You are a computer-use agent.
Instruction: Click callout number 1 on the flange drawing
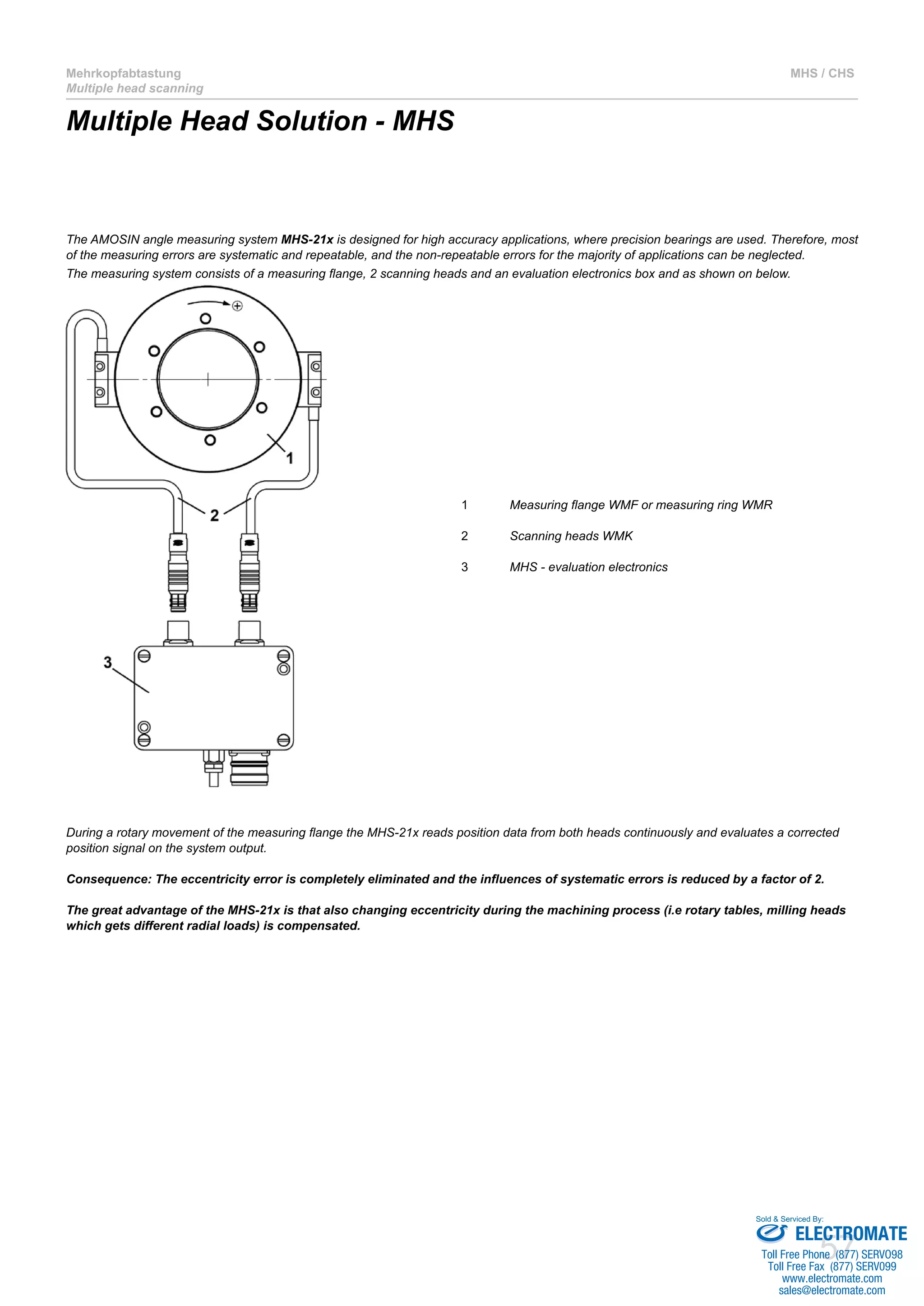[x=290, y=457]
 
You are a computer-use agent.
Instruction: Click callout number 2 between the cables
[x=214, y=515]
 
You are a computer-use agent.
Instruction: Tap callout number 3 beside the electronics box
[x=107, y=662]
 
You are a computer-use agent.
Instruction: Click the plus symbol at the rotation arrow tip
[x=237, y=306]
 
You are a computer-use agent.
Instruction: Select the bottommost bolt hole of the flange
[x=210, y=440]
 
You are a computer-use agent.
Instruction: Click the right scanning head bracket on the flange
[x=314, y=378]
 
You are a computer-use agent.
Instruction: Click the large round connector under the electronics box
[x=249, y=768]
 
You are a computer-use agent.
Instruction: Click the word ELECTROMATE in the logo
[x=850, y=1234]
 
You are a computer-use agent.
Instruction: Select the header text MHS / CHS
[x=822, y=74]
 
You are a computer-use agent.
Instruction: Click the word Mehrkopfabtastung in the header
[x=124, y=74]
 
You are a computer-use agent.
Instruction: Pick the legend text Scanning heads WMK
[x=571, y=536]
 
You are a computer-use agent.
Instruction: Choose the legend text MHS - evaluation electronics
[x=588, y=567]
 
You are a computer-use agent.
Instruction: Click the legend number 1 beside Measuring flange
[x=464, y=505]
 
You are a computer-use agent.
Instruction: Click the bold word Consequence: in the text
[x=109, y=879]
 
